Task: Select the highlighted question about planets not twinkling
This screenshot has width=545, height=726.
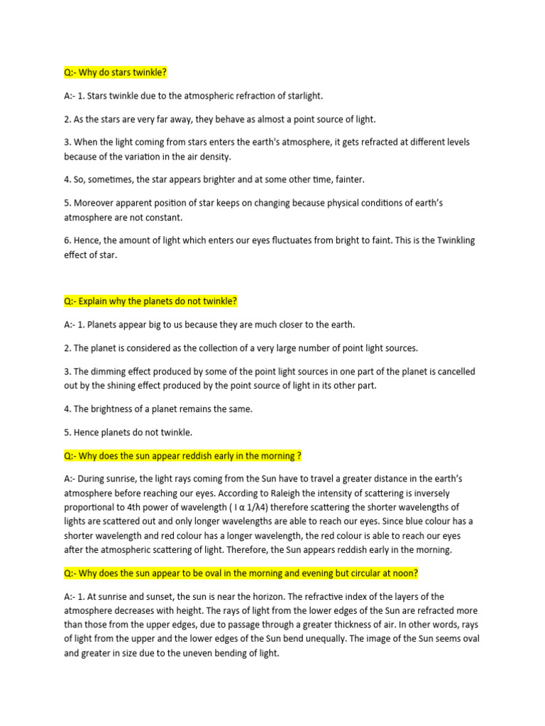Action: click(150, 301)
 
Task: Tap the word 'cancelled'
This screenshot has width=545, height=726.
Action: click(453, 371)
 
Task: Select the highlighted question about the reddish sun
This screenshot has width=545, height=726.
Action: click(183, 455)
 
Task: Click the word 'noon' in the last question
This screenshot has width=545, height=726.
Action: click(407, 573)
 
